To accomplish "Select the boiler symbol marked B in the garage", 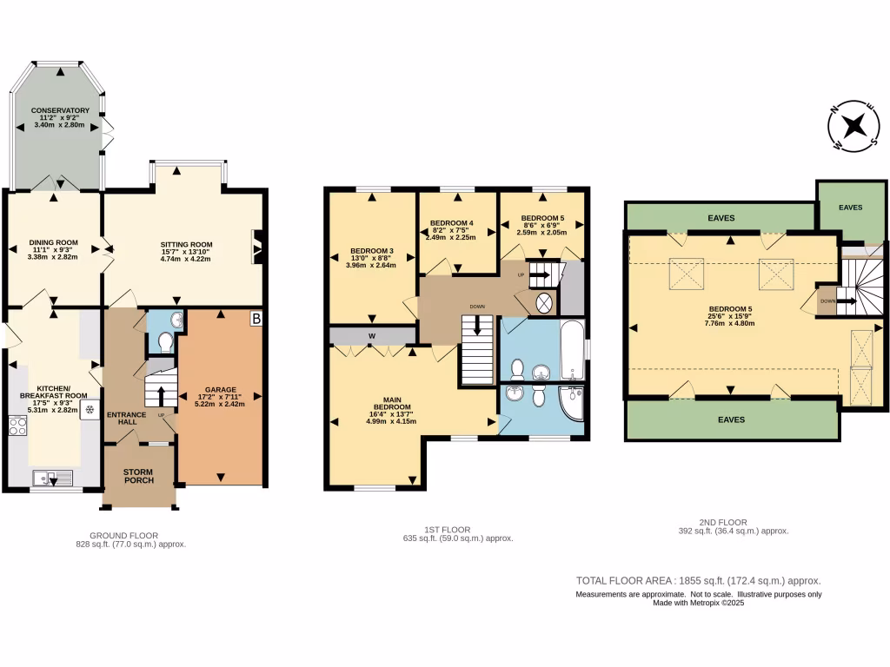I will [256, 320].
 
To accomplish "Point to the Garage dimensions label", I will [219, 400].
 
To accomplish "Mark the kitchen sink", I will [52, 477].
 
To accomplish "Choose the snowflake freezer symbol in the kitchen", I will [89, 409].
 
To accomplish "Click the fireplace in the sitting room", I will [256, 246].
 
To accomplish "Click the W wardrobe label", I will [371, 335].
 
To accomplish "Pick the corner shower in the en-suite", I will [570, 403].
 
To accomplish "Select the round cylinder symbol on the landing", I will [544, 304].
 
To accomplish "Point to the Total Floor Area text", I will [699, 581].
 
